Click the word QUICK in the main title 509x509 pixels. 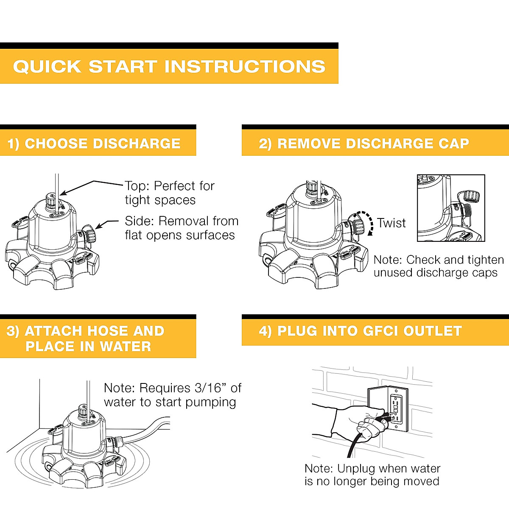tap(47, 67)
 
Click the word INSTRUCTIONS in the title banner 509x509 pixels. tap(245, 66)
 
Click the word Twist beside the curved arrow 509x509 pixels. tap(391, 223)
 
